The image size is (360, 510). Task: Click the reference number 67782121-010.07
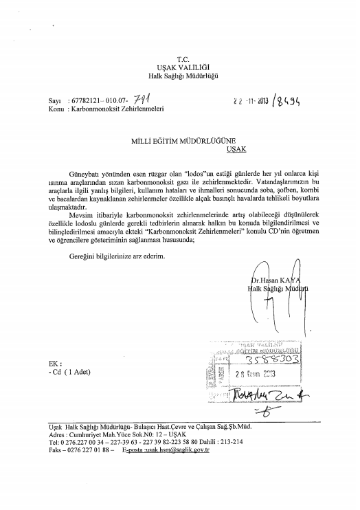pos(95,100)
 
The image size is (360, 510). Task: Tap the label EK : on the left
pos(46,365)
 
